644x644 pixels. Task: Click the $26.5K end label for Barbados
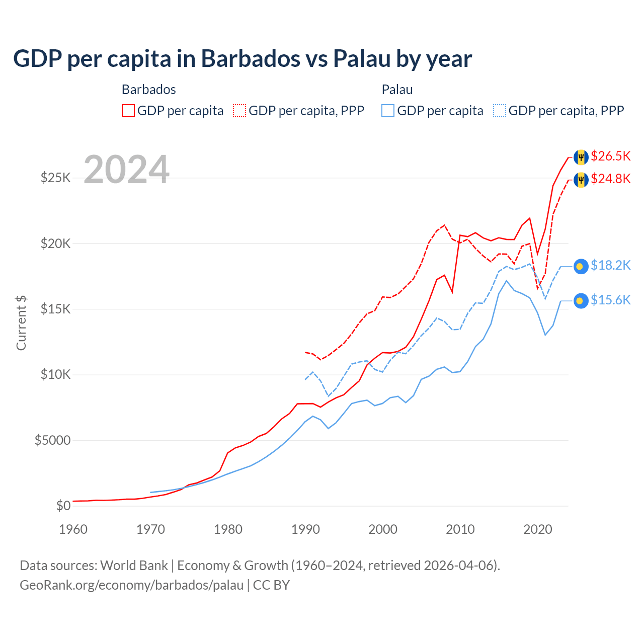610,156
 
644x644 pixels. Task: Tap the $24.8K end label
610,179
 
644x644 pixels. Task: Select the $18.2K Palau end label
610,266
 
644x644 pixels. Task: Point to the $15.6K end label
610,300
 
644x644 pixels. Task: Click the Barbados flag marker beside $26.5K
581,157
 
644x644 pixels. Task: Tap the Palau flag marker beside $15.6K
581,301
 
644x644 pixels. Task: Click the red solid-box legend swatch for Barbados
128,111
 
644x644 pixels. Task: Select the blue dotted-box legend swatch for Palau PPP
500,111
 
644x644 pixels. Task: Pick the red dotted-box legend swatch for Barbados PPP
239,111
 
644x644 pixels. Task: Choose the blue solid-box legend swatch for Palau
388,111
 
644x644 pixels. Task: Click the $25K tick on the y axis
55,178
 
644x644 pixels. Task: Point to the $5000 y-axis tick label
52,441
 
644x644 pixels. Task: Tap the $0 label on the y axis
63,506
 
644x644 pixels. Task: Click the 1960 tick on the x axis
73,529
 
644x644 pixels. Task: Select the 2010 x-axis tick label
460,529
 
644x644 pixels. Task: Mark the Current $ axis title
21,323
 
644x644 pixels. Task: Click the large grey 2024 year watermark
126,170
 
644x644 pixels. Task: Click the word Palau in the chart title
361,59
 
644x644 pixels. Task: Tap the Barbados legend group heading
149,90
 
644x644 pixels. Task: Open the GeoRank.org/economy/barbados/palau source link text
131,585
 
